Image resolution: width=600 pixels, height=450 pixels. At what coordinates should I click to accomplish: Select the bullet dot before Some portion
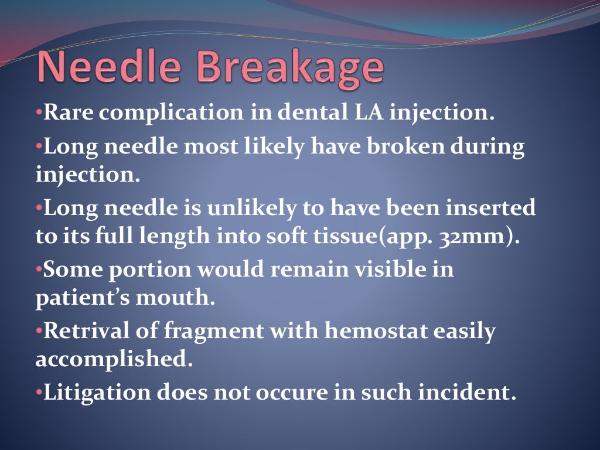click(x=39, y=270)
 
